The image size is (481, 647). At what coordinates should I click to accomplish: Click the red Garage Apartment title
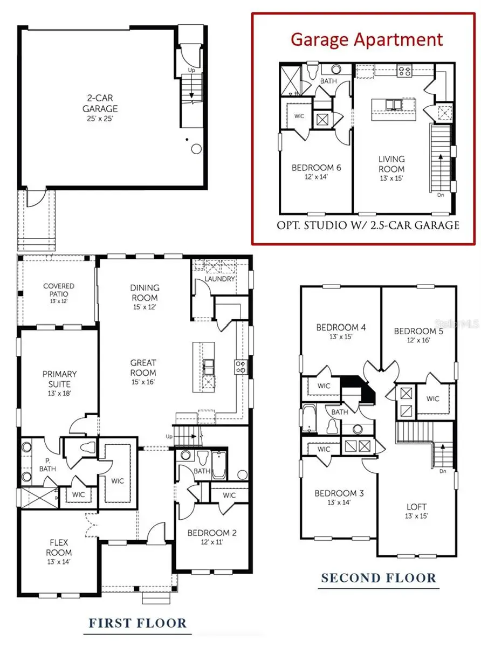click(367, 39)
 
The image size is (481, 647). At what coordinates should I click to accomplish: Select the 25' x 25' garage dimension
click(100, 118)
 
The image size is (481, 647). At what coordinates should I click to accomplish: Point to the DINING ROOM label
click(145, 293)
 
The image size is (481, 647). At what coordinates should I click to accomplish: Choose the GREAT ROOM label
click(143, 368)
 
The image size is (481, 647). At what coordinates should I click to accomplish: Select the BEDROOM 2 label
click(212, 533)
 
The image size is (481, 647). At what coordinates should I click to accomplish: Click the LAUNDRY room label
click(219, 279)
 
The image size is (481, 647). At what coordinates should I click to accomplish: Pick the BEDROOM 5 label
click(418, 331)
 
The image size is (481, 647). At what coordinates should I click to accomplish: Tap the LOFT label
click(417, 507)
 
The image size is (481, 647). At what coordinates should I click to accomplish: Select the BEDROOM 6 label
click(317, 168)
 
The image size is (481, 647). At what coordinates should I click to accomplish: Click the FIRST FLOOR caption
click(138, 623)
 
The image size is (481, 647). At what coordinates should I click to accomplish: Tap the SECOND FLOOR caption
click(378, 579)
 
